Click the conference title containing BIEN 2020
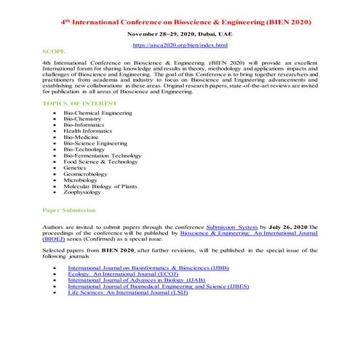(x=185, y=23)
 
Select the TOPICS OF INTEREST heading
(x=79, y=104)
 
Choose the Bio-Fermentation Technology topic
(x=103, y=155)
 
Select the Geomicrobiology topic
(x=87, y=174)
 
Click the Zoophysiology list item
(x=83, y=192)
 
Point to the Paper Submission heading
(x=69, y=209)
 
